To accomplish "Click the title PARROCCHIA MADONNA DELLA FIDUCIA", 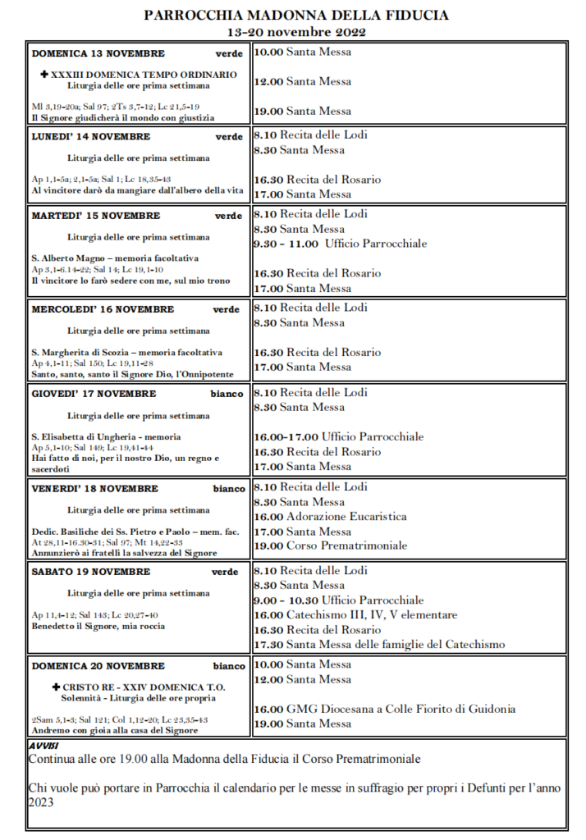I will click(296, 16).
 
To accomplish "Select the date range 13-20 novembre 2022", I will click(296, 32).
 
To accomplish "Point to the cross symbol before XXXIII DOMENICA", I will click(45, 75).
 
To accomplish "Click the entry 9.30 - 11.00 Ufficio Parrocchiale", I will click(340, 244).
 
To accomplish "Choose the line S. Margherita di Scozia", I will click(126, 353).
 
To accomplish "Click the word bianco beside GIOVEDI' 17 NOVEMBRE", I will click(227, 394).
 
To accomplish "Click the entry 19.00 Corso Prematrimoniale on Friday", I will click(330, 545).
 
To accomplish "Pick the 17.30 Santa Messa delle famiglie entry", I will click(379, 645).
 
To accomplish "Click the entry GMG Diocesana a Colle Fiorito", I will click(384, 709).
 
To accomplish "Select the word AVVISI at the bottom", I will click(43, 745).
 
